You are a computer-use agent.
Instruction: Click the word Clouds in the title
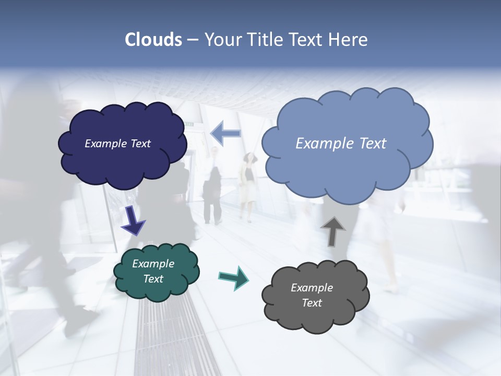click(153, 40)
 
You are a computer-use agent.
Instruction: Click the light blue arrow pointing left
click(225, 134)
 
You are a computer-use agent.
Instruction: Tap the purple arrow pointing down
click(133, 220)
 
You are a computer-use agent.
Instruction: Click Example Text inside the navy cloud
click(118, 144)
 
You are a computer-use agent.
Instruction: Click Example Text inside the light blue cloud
click(341, 144)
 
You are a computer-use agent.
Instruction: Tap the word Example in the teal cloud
click(153, 264)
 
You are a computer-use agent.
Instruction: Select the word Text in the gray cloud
click(312, 303)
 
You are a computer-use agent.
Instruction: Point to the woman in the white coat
click(248, 185)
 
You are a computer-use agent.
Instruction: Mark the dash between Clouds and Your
click(193, 40)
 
